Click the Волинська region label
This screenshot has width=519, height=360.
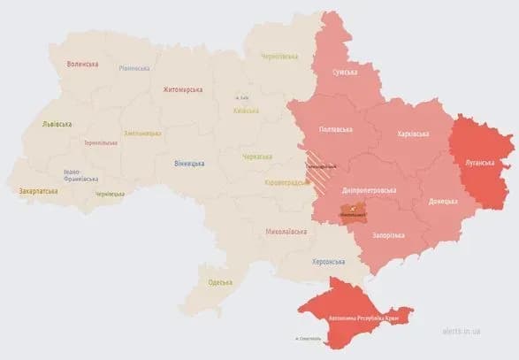tap(82, 64)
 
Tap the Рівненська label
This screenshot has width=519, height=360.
tap(134, 68)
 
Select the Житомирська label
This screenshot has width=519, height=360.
tap(183, 89)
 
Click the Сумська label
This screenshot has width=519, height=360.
tap(346, 72)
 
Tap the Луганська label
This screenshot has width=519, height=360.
tap(480, 163)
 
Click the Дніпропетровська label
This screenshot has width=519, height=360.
tap(370, 189)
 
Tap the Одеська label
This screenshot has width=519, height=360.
tap(220, 281)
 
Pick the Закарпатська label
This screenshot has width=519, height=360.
tap(38, 190)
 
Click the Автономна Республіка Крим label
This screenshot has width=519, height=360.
tap(364, 317)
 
